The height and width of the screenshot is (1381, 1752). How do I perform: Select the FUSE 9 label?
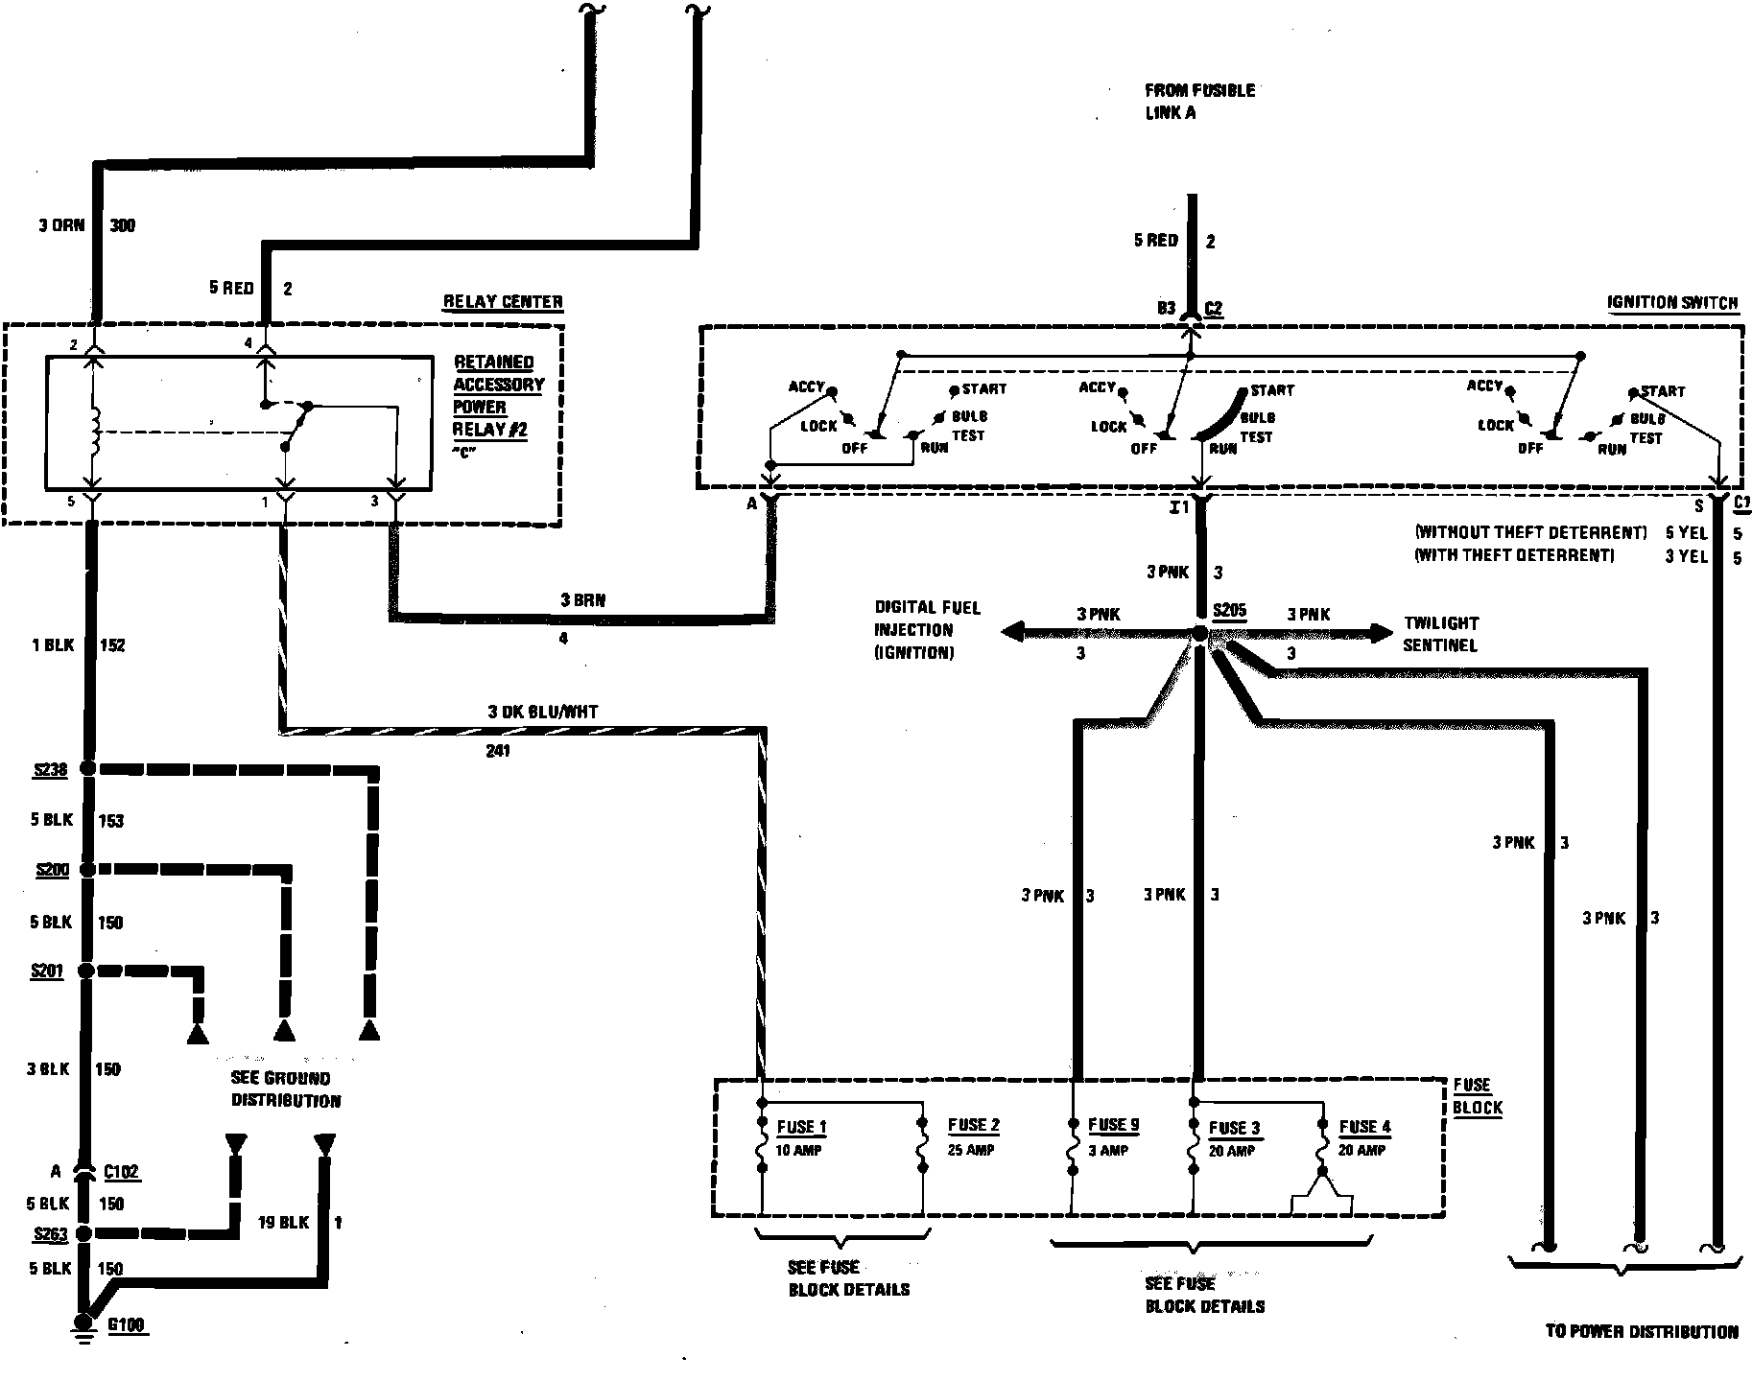pyautogui.click(x=1113, y=1125)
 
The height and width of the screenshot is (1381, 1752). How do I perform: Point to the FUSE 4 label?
pyautogui.click(x=1364, y=1127)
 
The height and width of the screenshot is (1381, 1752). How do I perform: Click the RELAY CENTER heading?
pyautogui.click(x=502, y=302)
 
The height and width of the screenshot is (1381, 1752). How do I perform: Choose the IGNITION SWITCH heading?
pyautogui.click(x=1672, y=302)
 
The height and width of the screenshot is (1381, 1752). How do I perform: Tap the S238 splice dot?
pyautogui.click(x=87, y=769)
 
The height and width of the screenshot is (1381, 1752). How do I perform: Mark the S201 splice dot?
pyautogui.click(x=86, y=971)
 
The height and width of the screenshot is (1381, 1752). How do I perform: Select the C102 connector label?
pyautogui.click(x=122, y=1171)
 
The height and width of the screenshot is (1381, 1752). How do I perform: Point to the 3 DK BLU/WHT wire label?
pyautogui.click(x=542, y=712)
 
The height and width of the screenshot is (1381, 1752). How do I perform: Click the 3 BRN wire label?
pyautogui.click(x=582, y=600)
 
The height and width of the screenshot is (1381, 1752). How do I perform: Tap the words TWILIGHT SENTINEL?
pyautogui.click(x=1440, y=634)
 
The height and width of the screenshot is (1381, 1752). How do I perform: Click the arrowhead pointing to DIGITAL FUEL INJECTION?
pyautogui.click(x=1010, y=633)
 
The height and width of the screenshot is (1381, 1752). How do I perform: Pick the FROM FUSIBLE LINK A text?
pyautogui.click(x=1199, y=101)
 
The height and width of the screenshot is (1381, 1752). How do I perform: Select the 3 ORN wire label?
pyautogui.click(x=61, y=225)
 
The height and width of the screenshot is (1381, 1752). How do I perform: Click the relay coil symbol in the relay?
pyautogui.click(x=93, y=433)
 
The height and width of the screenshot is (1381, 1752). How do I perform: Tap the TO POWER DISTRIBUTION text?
pyautogui.click(x=1641, y=1331)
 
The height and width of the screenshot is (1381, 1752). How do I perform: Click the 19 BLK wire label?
pyautogui.click(x=283, y=1223)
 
